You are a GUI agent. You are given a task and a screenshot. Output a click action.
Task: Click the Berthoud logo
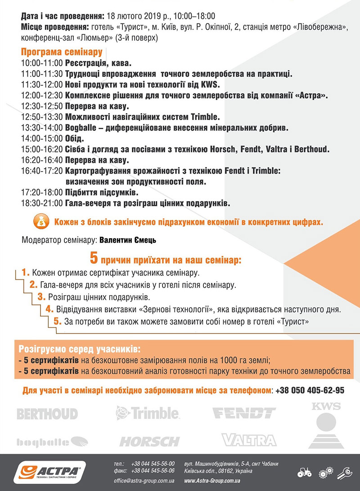coord(47,414)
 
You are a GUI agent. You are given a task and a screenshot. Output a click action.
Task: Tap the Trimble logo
coord(148,412)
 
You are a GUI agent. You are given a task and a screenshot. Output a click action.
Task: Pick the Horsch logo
coord(149,441)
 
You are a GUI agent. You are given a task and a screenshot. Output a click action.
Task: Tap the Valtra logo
coord(248,440)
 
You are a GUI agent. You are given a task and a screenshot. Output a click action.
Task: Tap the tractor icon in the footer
coord(305,473)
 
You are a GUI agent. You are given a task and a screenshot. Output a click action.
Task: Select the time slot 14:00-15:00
coord(42,139)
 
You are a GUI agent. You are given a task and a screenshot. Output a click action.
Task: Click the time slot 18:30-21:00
coord(42,203)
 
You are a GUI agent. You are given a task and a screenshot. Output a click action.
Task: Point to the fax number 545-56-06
coord(153,471)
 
